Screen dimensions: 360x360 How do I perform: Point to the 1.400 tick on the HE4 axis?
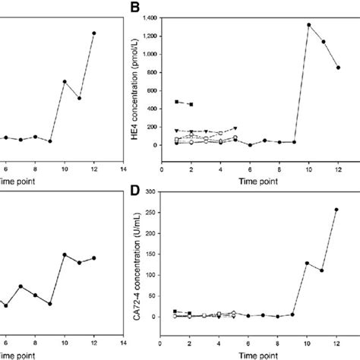(148, 17)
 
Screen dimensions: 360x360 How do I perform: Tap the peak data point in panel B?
(309, 24)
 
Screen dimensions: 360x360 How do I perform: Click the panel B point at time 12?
(338, 68)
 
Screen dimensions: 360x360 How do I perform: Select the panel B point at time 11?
(324, 42)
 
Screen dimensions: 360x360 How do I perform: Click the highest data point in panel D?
(338, 209)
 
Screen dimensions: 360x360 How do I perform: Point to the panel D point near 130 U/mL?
(309, 263)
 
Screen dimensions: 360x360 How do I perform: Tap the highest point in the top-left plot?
(93, 33)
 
